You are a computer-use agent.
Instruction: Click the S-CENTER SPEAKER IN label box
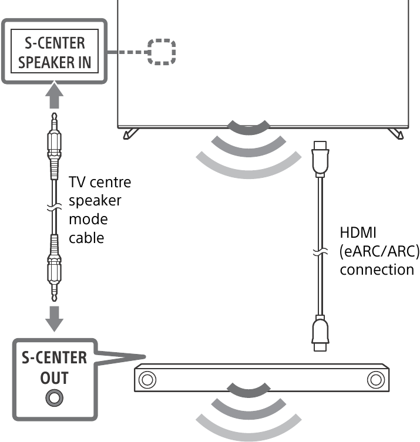(x=55, y=53)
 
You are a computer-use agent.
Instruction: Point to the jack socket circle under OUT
(x=54, y=397)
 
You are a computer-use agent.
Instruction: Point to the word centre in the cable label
(x=112, y=183)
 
